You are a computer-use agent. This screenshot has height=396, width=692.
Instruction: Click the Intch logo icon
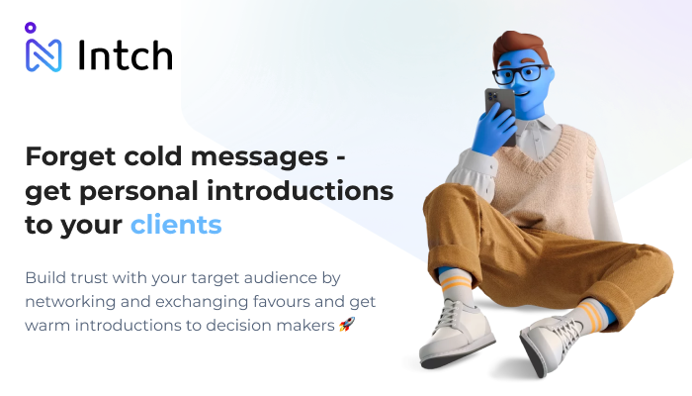click(x=43, y=49)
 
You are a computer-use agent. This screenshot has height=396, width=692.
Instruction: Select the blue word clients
click(x=176, y=224)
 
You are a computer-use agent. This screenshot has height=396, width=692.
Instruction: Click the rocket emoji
click(x=346, y=324)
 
